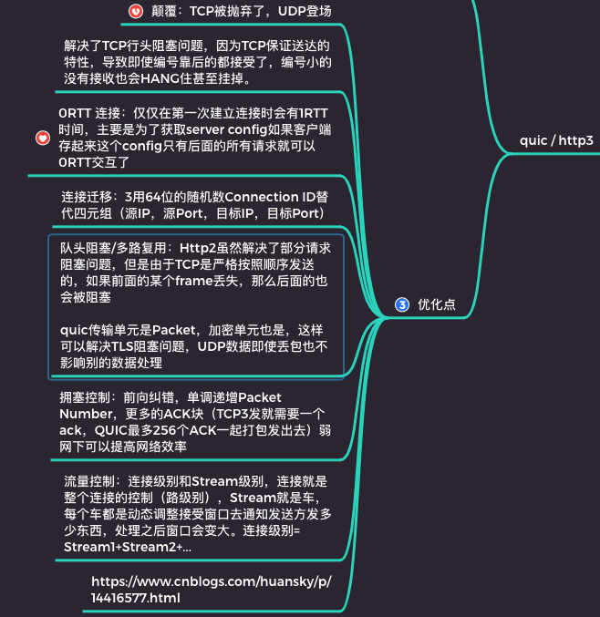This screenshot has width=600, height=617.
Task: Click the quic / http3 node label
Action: [555, 140]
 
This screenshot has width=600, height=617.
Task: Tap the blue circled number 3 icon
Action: [402, 304]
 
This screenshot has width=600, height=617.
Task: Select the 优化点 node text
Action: [437, 304]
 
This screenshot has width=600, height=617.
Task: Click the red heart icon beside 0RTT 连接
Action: [42, 138]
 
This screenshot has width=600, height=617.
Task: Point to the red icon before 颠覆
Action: [136, 11]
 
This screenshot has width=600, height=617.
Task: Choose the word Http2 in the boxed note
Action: [197, 248]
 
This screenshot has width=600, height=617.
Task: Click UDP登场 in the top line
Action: [300, 11]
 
